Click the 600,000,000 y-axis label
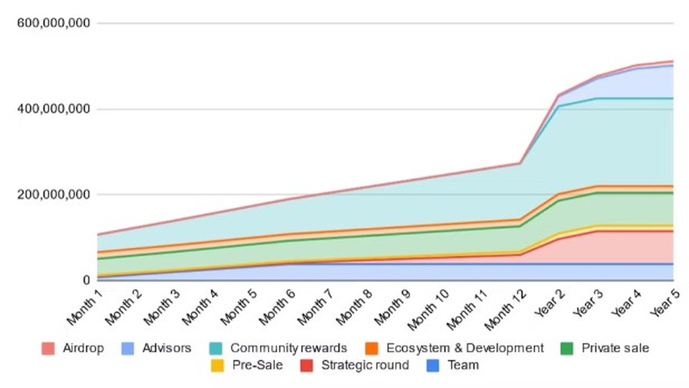53,24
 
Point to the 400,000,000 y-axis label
53,109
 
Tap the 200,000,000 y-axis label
53,195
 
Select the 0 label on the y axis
86,281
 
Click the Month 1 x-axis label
83,304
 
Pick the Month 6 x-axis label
275,304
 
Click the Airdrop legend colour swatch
48,348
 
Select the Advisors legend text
167,348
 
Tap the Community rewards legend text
288,348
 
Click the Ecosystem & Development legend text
465,348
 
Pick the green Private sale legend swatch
566,348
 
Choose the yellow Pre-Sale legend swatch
218,365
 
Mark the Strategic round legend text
365,365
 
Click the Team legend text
463,365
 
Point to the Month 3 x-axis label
160,304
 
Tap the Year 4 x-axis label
625,302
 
